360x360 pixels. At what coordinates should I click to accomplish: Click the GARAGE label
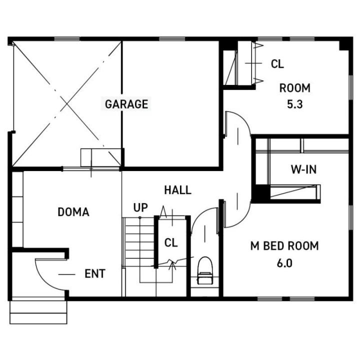(126, 104)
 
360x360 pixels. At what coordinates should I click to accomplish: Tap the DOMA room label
(73, 212)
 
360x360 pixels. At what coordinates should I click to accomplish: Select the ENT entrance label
(95, 273)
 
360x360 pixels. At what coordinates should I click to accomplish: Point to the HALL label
(178, 190)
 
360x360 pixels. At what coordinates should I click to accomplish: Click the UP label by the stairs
(140, 207)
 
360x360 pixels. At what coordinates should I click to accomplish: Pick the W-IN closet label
(304, 169)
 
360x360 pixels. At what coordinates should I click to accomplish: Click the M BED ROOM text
(284, 246)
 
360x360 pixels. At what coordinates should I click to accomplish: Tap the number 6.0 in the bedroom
(284, 263)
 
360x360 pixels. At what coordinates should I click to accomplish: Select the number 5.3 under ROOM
(295, 104)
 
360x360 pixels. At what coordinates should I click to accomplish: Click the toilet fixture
(205, 270)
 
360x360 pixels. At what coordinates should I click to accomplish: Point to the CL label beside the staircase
(171, 242)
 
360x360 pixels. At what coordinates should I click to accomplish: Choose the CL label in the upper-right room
(277, 64)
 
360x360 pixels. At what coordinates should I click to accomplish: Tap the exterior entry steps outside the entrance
(38, 312)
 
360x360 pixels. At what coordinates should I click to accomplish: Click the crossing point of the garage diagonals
(67, 104)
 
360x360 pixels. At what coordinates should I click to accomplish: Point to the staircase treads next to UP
(139, 242)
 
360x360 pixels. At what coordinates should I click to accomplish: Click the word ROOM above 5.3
(295, 88)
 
